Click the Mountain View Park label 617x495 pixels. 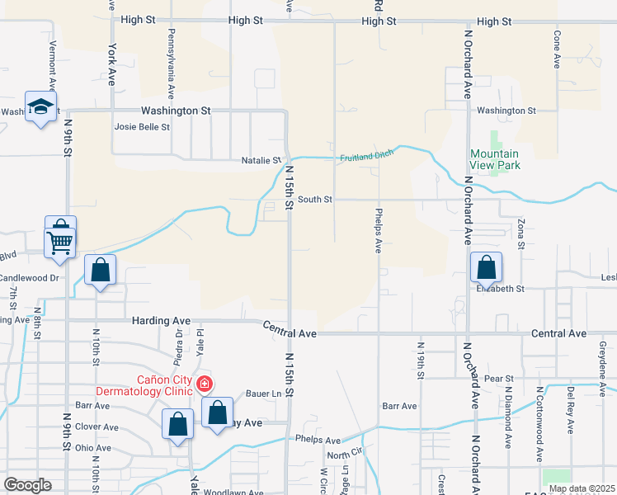(x=494, y=159)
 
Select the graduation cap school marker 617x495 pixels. (x=40, y=106)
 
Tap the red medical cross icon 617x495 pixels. (x=204, y=384)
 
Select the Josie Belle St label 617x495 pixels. (x=142, y=127)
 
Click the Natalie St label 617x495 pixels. (x=261, y=160)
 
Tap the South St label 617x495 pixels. (x=315, y=199)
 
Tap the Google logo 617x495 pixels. (x=27, y=485)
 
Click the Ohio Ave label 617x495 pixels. (x=93, y=448)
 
